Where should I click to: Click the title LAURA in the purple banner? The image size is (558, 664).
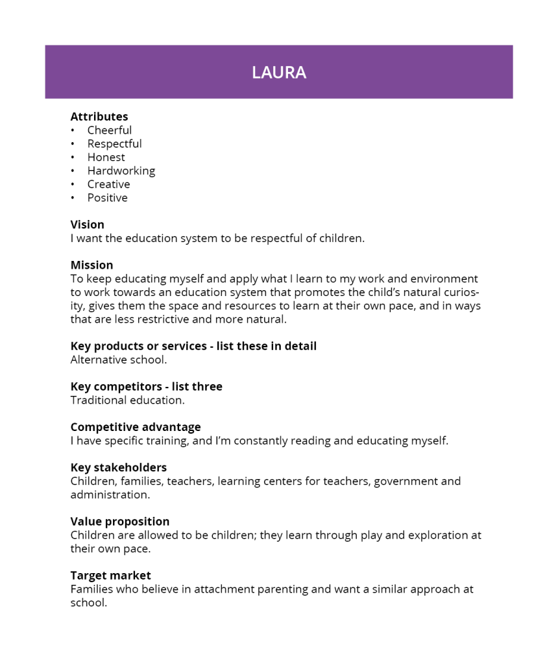point(279,72)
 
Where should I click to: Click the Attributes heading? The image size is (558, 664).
point(99,117)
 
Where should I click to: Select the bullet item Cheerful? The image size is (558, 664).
point(110,130)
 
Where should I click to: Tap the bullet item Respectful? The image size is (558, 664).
point(114,144)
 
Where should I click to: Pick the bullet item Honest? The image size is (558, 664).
point(106,158)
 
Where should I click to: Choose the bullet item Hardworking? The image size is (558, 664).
point(121,171)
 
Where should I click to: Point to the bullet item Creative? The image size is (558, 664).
point(108,184)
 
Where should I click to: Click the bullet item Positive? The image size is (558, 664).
point(108,198)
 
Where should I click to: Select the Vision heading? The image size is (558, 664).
point(88,225)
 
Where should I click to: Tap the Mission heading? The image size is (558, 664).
point(91,265)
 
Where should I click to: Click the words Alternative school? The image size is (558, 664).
point(119,360)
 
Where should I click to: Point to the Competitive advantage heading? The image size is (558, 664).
point(136,427)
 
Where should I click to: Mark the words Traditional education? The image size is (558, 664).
point(128,400)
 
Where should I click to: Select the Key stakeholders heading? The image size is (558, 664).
point(119,467)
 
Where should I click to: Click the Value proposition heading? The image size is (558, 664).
point(120,521)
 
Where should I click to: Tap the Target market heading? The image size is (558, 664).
point(110,575)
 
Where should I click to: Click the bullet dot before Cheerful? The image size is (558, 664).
point(73,130)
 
